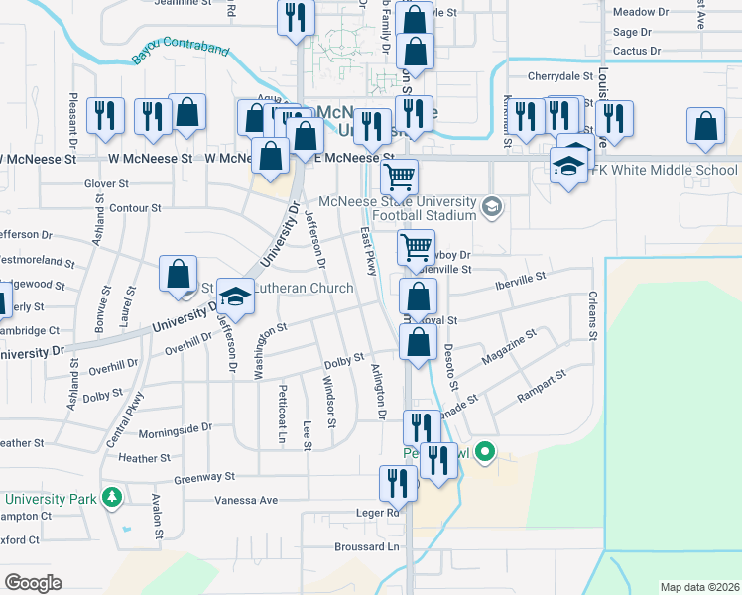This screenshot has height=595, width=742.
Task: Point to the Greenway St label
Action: click(x=203, y=478)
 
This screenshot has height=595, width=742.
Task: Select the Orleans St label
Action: click(x=593, y=316)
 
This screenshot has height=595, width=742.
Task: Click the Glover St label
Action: click(x=106, y=183)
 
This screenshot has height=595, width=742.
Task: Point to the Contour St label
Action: click(x=135, y=208)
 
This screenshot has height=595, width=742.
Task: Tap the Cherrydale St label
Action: click(x=559, y=75)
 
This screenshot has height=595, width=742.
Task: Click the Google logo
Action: click(x=33, y=583)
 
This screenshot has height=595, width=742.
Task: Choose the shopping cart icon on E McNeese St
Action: click(x=399, y=178)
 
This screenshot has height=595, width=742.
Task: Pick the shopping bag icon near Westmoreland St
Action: click(x=178, y=275)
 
